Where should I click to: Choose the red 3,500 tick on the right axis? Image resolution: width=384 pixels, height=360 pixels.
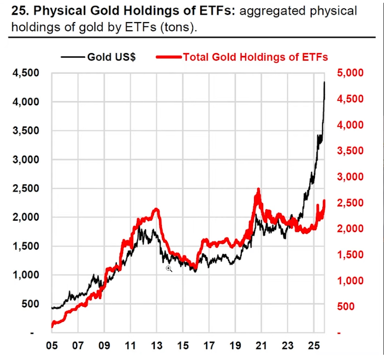click(x=351, y=151)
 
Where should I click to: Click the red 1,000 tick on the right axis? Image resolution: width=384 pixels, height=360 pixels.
click(x=351, y=281)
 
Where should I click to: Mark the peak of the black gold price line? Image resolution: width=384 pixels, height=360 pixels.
click(x=324, y=82)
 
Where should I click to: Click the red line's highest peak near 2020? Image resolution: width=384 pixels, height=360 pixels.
click(x=258, y=189)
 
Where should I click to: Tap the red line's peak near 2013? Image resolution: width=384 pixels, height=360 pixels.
click(x=156, y=209)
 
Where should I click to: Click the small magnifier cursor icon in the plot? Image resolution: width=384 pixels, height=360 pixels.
click(x=169, y=269)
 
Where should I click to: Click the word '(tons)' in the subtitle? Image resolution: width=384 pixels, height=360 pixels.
click(x=177, y=27)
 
